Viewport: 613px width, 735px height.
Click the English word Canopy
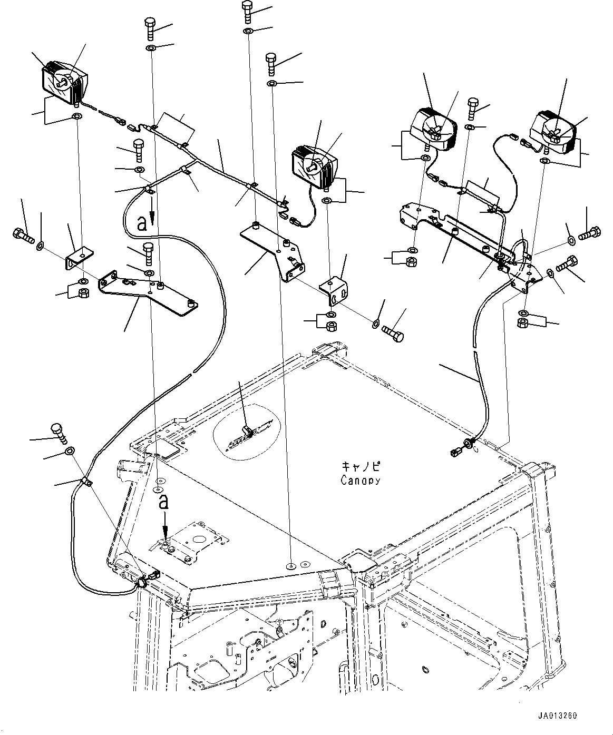(360, 480)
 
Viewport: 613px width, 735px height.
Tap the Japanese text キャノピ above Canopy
(361, 467)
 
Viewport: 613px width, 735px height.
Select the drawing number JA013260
(558, 716)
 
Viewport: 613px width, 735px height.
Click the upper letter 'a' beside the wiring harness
(141, 223)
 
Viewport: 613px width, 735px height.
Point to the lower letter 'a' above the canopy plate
(164, 502)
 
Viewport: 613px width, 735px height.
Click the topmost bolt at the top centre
(247, 11)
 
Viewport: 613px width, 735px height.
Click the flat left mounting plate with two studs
(148, 293)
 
